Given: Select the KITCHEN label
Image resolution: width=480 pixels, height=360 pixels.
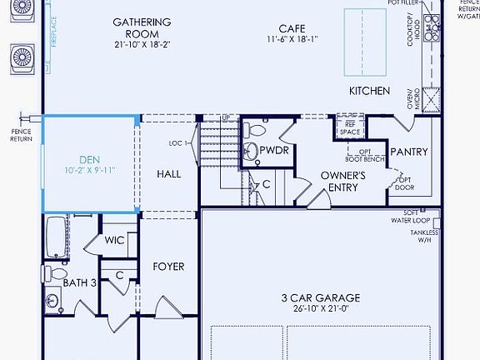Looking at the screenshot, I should click(x=369, y=90).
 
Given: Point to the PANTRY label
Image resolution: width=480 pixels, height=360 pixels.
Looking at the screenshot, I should click(x=409, y=152).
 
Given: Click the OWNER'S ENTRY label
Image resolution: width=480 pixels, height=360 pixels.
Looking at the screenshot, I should click(x=343, y=182).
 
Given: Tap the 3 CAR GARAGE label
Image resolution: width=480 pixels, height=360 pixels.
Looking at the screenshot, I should click(x=320, y=297).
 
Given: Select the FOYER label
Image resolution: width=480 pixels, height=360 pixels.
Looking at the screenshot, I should click(x=167, y=267).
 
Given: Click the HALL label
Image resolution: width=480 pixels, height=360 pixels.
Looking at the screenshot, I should click(x=168, y=174).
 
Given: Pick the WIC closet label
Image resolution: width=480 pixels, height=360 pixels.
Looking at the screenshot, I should click(x=114, y=240).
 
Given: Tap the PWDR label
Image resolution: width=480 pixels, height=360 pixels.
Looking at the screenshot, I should click(x=273, y=152).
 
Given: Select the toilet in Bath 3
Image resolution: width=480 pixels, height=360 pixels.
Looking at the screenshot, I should click(x=57, y=273).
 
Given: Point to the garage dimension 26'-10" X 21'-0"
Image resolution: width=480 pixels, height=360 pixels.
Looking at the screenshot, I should click(x=320, y=309).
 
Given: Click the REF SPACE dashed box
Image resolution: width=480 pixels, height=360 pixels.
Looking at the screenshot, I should click(x=349, y=128).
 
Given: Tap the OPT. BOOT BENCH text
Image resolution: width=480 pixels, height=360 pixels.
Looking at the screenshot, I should click(x=366, y=153).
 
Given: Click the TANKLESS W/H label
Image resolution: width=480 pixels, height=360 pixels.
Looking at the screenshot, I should click(x=424, y=237).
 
